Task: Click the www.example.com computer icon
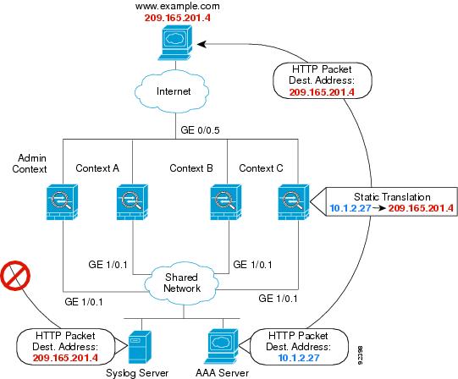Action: point(175,42)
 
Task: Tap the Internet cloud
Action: point(172,91)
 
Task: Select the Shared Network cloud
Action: point(182,283)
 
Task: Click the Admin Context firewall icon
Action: point(62,202)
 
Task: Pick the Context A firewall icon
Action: point(132,202)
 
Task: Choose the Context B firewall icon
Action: point(226,202)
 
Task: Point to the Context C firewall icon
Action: point(294,202)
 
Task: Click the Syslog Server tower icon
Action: point(140,347)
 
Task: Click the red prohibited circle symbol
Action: point(15,276)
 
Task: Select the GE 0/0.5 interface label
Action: point(200,130)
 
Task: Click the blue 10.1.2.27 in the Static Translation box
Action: point(350,208)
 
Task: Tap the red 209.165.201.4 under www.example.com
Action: point(177,18)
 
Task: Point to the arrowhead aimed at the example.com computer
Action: point(201,44)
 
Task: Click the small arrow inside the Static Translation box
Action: point(378,208)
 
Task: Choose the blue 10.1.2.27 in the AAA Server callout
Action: point(299,358)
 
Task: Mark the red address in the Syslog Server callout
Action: point(65,358)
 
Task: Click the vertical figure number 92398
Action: point(360,355)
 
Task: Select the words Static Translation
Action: point(392,197)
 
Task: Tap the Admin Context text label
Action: point(30,163)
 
